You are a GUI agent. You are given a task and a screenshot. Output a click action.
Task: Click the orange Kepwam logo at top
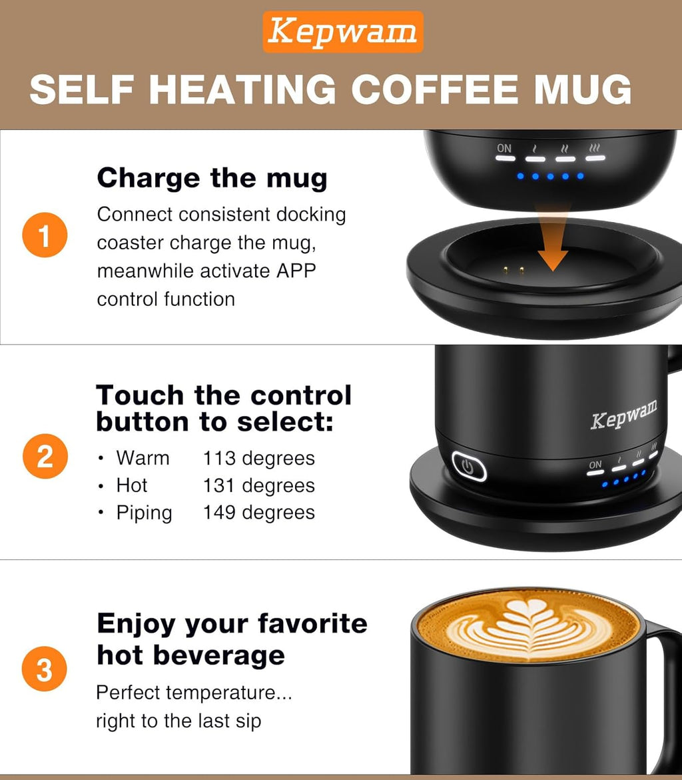point(343,32)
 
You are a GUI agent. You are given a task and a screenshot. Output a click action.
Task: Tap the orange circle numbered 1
point(45,237)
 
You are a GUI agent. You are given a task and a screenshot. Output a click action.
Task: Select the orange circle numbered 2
point(45,457)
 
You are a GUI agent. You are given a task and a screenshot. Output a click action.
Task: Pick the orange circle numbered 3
point(45,669)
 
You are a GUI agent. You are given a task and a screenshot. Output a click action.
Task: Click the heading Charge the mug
point(212,179)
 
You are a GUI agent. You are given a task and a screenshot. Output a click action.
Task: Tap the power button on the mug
point(469,467)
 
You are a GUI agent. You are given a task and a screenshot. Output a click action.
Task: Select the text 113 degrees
point(258,459)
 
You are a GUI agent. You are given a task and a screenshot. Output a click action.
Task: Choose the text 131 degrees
point(258,485)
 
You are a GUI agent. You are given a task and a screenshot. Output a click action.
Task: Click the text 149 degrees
point(258,513)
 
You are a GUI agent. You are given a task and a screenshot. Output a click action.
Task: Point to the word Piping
point(144,513)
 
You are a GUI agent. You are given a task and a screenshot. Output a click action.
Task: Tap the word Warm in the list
point(143,459)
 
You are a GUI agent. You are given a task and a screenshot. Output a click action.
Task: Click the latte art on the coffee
point(529,624)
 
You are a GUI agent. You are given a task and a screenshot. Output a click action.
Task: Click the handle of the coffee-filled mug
point(666,693)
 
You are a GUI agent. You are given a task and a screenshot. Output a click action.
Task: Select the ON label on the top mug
point(504,148)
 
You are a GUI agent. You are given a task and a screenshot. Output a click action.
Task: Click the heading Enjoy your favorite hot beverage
point(231,639)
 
